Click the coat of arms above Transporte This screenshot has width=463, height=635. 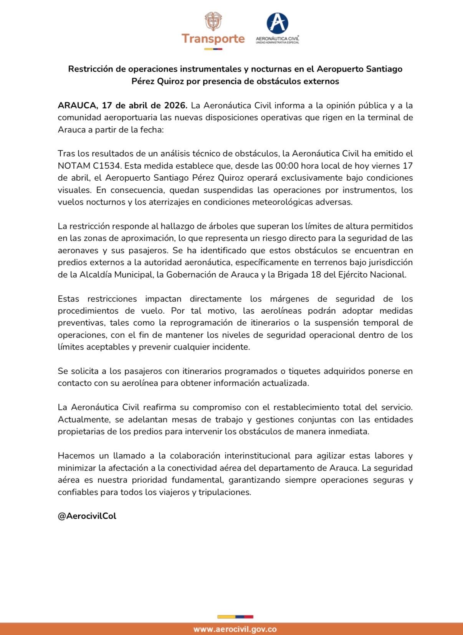(213, 22)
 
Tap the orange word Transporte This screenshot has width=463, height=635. (213, 39)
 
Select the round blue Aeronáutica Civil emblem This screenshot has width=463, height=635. (277, 23)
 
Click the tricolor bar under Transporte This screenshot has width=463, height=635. (213, 49)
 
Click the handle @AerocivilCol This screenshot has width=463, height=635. (87, 516)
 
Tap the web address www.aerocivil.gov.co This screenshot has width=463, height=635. (235, 629)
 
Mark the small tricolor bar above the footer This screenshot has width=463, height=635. (235, 617)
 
